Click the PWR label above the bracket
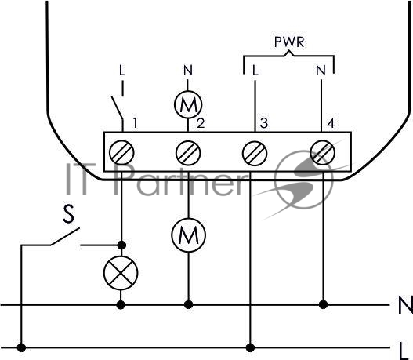click(289, 42)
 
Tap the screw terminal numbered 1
click(121, 153)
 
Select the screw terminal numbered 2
click(188, 153)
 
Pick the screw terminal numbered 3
click(255, 153)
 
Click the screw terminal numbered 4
click(322, 152)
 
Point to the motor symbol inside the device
click(188, 104)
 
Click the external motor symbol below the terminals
click(188, 235)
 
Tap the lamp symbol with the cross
click(121, 273)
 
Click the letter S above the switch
click(69, 214)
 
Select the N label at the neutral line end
click(406, 305)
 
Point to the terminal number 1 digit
click(135, 123)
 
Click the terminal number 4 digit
click(331, 123)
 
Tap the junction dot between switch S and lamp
click(121, 245)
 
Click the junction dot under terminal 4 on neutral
click(323, 305)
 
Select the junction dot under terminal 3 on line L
click(250, 347)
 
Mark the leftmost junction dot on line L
click(21, 347)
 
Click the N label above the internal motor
click(188, 71)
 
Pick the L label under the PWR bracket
click(255, 71)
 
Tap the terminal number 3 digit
click(264, 123)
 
